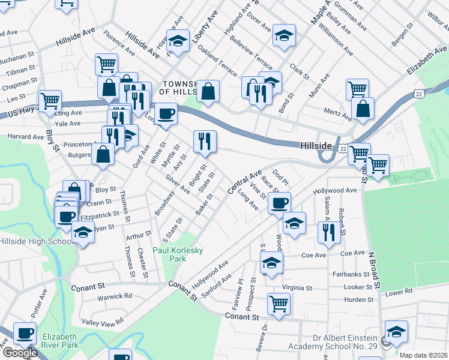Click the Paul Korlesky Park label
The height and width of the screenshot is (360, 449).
click(177, 254)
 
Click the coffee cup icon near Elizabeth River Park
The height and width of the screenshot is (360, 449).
click(25, 333)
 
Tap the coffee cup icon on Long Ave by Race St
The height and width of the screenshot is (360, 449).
click(279, 202)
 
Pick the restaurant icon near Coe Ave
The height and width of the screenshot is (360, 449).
click(328, 232)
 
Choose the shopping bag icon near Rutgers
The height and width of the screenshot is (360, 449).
click(103, 154)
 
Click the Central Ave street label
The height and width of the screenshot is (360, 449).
click(245, 180)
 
